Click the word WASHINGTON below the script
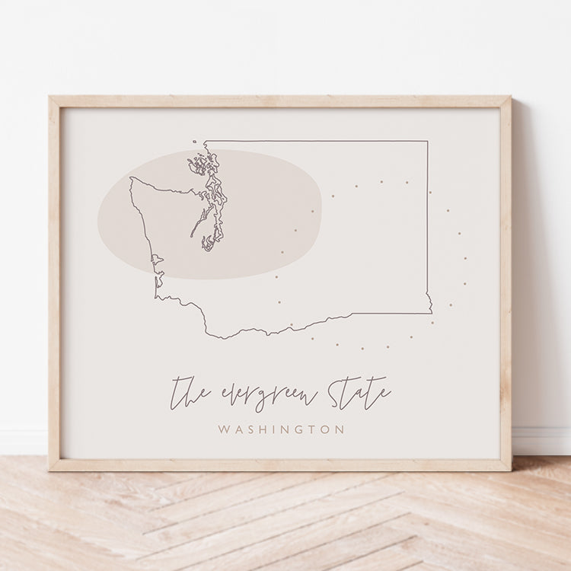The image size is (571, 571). tap(281, 430)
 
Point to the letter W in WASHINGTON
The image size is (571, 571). tap(223, 430)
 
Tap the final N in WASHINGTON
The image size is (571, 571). tap(340, 430)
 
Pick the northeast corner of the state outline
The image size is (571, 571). tap(427, 141)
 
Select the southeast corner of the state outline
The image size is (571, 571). tap(431, 312)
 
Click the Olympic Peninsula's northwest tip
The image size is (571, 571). tap(131, 179)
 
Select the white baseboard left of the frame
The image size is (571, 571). tap(23, 442)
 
